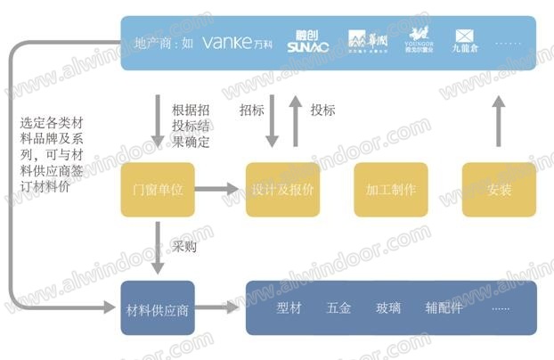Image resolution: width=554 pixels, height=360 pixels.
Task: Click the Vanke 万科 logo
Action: point(239,42)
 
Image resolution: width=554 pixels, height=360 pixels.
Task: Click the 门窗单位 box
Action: point(158,189)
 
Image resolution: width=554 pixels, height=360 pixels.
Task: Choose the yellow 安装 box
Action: point(499,189)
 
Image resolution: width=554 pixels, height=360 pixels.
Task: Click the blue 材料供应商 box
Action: point(158,307)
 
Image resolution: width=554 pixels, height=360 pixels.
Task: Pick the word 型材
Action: point(290,307)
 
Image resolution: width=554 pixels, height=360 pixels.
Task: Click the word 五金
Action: point(338,307)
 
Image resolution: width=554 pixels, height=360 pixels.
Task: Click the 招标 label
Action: point(251,110)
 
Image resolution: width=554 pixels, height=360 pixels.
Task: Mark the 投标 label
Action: point(322,110)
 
